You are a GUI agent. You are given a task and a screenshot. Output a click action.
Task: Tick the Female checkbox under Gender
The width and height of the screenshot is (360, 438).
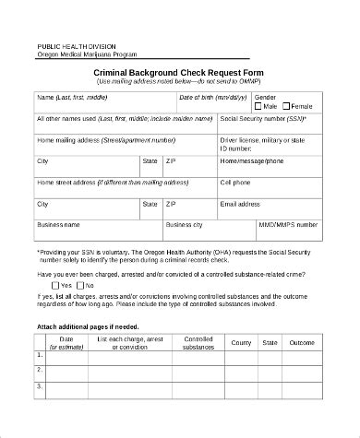pos(286,106)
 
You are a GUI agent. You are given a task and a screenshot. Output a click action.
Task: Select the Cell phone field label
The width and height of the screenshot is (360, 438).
pos(236,182)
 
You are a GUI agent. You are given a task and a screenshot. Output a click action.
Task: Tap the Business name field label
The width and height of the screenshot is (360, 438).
pos(58,224)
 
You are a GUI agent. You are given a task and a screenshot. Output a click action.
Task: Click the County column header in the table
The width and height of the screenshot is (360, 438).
pos(241,343)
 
